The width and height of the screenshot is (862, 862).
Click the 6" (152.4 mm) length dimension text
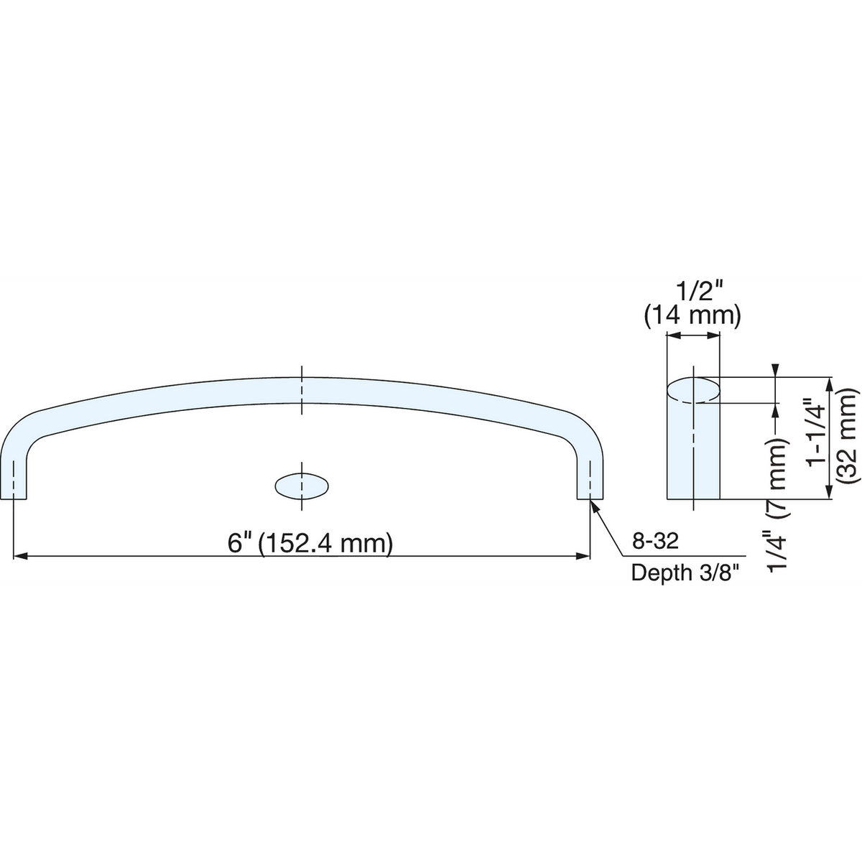tap(310, 544)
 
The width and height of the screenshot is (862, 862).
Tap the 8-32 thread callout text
tap(655, 542)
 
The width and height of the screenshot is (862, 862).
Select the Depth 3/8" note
tap(684, 573)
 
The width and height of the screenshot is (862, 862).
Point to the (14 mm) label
tap(692, 316)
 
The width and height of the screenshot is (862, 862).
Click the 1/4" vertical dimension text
tap(777, 551)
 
